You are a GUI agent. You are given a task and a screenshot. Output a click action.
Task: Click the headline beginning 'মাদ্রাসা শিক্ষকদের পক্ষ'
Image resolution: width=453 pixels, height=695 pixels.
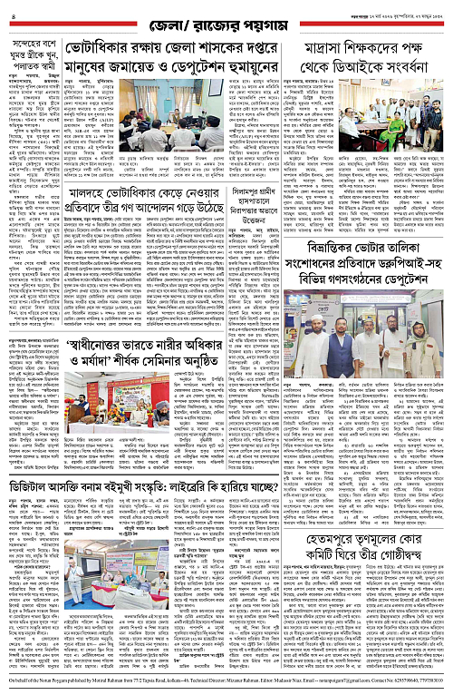[370, 50]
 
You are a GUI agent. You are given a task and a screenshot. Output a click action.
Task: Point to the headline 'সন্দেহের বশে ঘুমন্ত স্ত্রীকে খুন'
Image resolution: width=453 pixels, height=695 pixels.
[39, 49]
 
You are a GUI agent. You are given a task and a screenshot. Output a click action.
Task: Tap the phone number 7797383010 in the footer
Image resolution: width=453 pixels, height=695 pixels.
[431, 689]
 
